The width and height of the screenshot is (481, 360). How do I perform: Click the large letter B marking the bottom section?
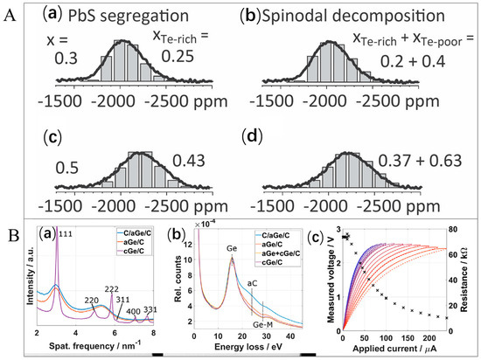[10, 234]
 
